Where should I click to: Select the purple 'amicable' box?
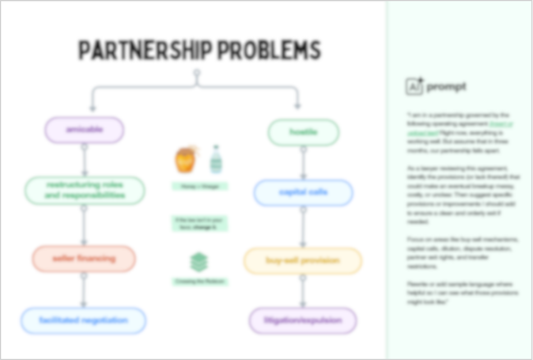tap(84, 130)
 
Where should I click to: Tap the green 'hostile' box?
tap(304, 132)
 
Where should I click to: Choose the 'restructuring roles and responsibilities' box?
tap(85, 190)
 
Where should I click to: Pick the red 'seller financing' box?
tap(84, 259)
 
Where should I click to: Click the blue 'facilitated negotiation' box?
tap(84, 321)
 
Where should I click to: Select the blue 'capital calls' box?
tap(304, 192)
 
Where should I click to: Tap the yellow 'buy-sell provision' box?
tap(303, 261)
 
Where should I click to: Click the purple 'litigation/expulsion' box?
tap(303, 321)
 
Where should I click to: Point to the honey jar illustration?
tap(186, 159)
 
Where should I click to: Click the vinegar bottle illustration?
tap(215, 159)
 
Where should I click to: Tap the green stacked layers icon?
tap(199, 262)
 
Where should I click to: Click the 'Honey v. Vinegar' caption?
tap(200, 186)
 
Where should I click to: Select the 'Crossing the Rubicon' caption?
tap(200, 281)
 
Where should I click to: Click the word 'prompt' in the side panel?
tap(446, 87)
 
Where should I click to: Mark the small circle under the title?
tap(196, 73)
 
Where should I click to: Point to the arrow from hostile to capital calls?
tap(304, 163)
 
